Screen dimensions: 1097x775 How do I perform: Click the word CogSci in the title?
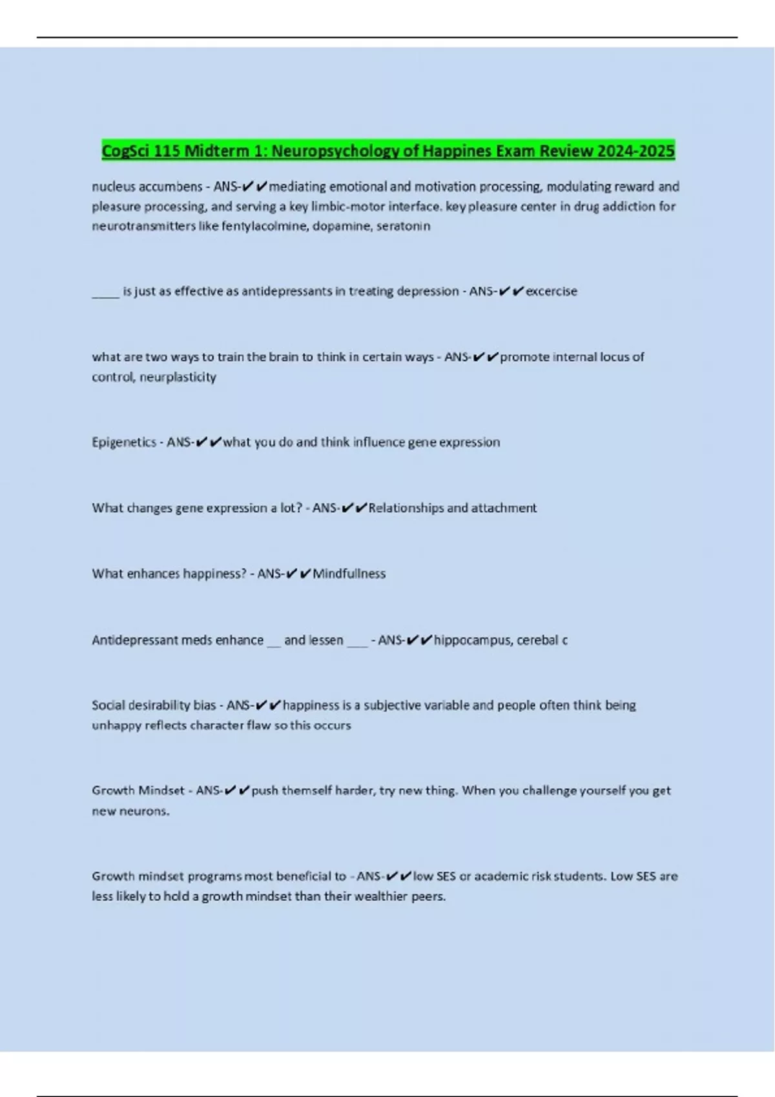126,151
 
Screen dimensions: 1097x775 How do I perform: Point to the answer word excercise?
552,292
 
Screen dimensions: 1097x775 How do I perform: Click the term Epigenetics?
124,443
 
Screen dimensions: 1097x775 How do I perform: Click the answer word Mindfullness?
349,574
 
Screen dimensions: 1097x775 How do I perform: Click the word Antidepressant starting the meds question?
135,640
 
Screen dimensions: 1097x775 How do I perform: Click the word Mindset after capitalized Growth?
161,790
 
